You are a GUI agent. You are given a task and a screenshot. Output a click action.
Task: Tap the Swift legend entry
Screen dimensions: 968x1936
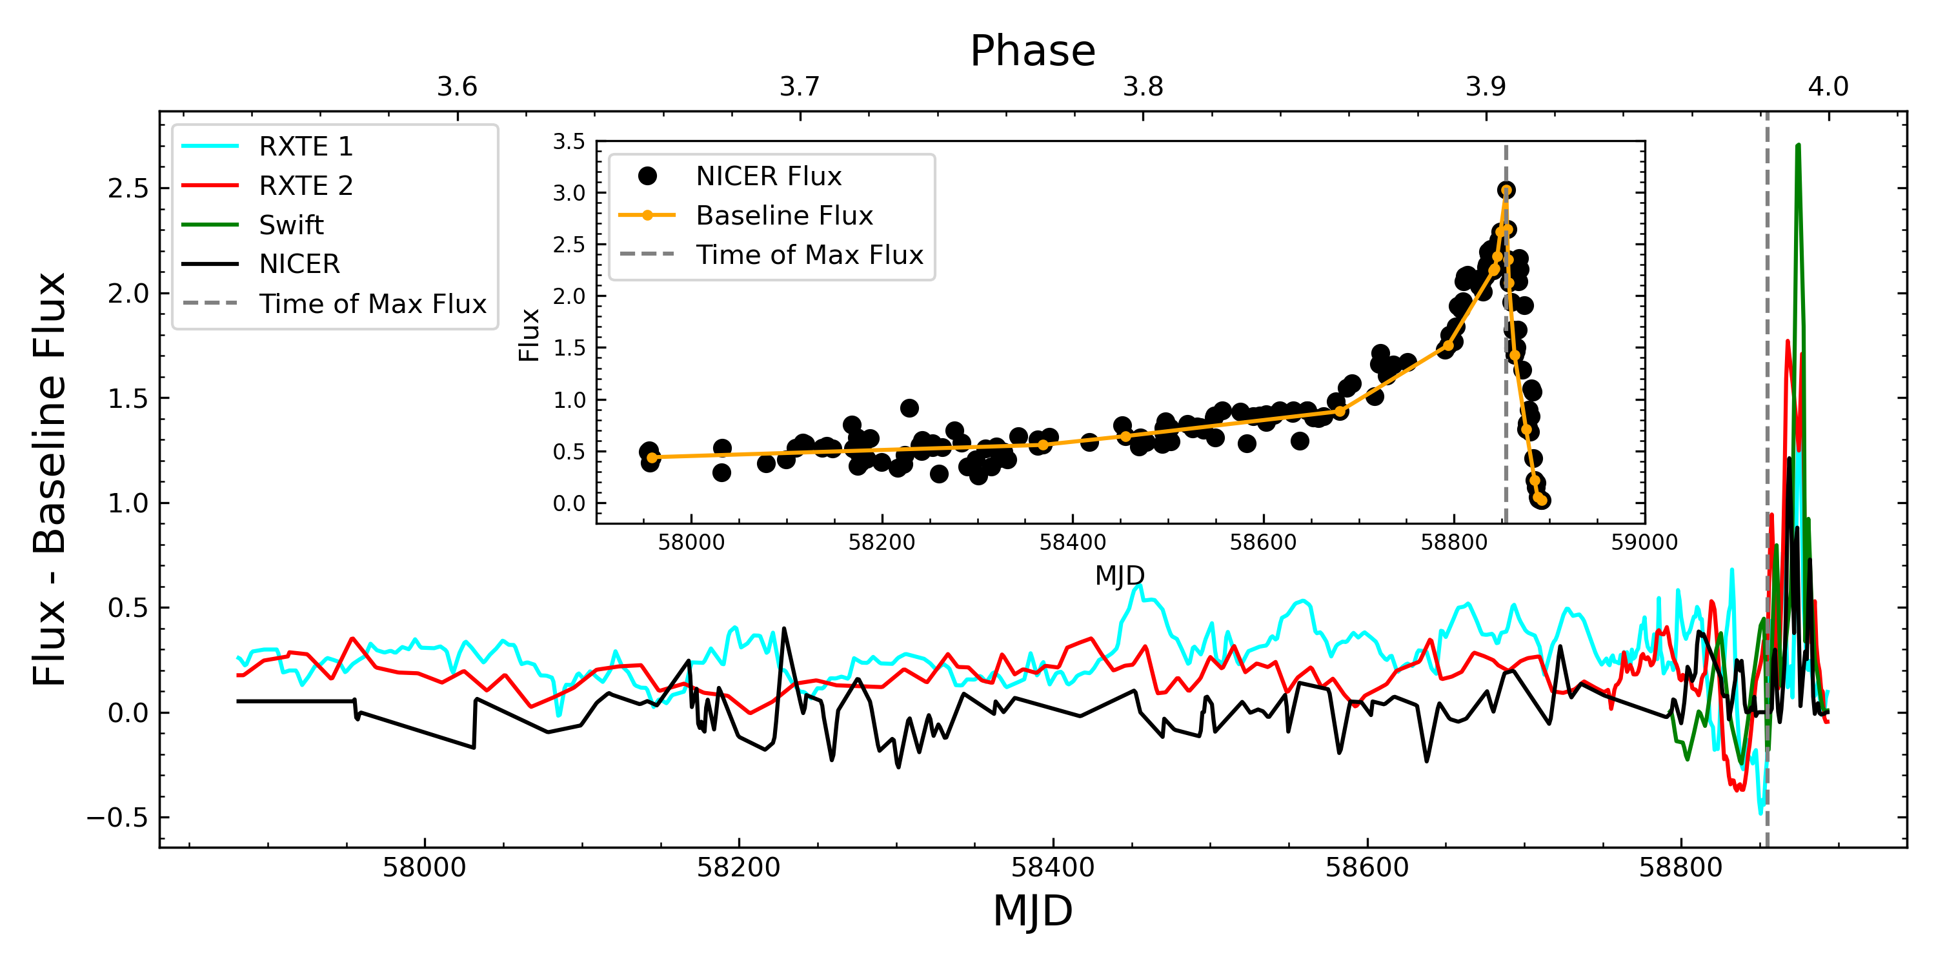click(x=291, y=225)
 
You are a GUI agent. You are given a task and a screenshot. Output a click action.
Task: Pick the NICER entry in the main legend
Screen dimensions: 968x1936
click(x=299, y=264)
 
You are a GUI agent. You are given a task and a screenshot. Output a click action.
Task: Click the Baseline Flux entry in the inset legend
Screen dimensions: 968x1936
click(x=784, y=216)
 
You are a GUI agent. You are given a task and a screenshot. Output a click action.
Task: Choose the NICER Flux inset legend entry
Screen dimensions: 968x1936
click(x=768, y=176)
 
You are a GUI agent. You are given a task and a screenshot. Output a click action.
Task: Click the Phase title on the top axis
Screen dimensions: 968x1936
click(x=1033, y=51)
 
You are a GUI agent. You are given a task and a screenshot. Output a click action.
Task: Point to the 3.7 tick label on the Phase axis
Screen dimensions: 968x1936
click(x=799, y=87)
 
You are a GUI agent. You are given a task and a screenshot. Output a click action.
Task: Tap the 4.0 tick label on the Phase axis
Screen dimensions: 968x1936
click(x=1828, y=87)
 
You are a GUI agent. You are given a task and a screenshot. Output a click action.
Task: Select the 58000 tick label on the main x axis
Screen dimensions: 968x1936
click(x=424, y=867)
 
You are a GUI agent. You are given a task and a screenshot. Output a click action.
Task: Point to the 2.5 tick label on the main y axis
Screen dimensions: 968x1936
click(x=128, y=188)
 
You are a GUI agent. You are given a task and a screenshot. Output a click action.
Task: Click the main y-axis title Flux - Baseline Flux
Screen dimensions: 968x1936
click(x=50, y=479)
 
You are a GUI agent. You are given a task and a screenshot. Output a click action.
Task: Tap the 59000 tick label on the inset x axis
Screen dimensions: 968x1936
click(x=1644, y=543)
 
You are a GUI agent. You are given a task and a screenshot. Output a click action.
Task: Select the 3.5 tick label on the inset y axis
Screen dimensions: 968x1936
click(x=569, y=141)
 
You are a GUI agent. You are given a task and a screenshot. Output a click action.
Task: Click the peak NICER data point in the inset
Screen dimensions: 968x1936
click(x=1506, y=190)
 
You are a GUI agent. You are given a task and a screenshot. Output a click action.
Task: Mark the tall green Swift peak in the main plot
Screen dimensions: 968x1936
click(x=1797, y=146)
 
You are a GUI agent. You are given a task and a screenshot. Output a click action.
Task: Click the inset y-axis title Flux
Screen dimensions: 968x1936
click(x=529, y=335)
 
